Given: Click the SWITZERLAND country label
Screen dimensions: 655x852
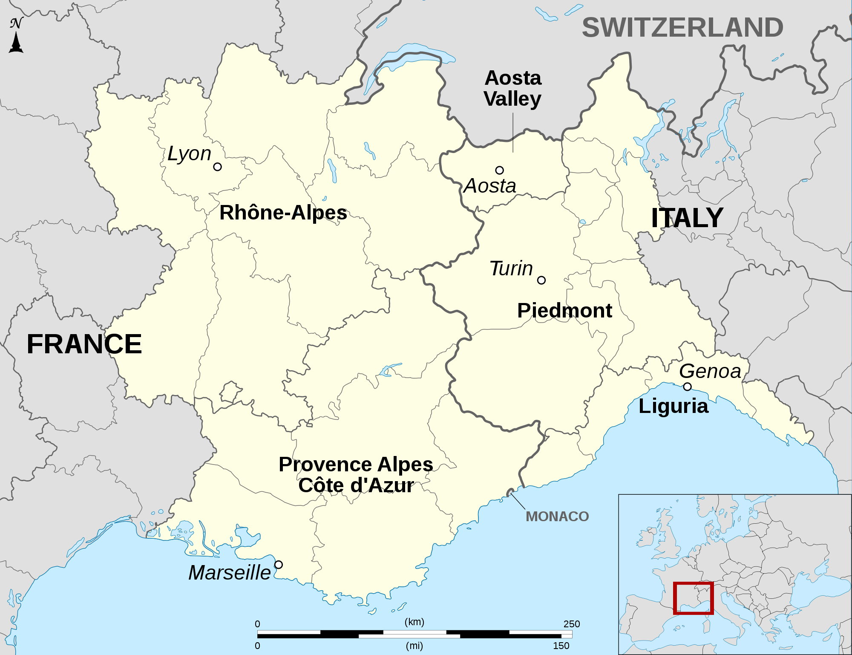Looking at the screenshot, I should (x=682, y=28).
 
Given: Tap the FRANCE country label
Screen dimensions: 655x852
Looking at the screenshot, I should (x=84, y=344).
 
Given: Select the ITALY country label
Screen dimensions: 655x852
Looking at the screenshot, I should (x=687, y=218).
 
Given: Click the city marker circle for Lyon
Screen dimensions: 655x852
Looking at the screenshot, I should (x=217, y=167).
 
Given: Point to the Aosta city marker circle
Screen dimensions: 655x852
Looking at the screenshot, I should (x=499, y=170).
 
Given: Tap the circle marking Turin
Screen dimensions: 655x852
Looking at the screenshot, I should (x=541, y=280).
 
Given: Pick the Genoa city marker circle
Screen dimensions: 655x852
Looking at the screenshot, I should (x=687, y=387).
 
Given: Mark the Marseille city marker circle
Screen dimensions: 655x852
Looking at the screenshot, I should (x=278, y=565).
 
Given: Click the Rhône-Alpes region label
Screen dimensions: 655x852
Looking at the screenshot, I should (x=283, y=212).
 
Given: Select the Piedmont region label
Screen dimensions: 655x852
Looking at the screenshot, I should (x=564, y=310).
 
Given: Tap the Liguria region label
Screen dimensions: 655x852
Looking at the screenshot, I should (x=674, y=406).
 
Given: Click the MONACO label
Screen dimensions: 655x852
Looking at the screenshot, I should (x=557, y=516).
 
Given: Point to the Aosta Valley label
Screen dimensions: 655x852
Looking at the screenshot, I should (x=513, y=88).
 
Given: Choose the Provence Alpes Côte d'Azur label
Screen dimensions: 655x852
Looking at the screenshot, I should (x=356, y=475).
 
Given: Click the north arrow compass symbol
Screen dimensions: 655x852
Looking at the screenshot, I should (x=16, y=36).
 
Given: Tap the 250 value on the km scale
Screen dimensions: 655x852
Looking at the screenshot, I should (x=571, y=624).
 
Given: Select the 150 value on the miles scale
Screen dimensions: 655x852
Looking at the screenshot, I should (x=561, y=646).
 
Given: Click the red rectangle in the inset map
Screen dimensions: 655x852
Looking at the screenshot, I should (x=693, y=598).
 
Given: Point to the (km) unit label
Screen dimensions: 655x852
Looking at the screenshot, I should (x=414, y=622).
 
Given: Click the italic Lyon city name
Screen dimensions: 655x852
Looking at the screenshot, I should (x=189, y=153).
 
